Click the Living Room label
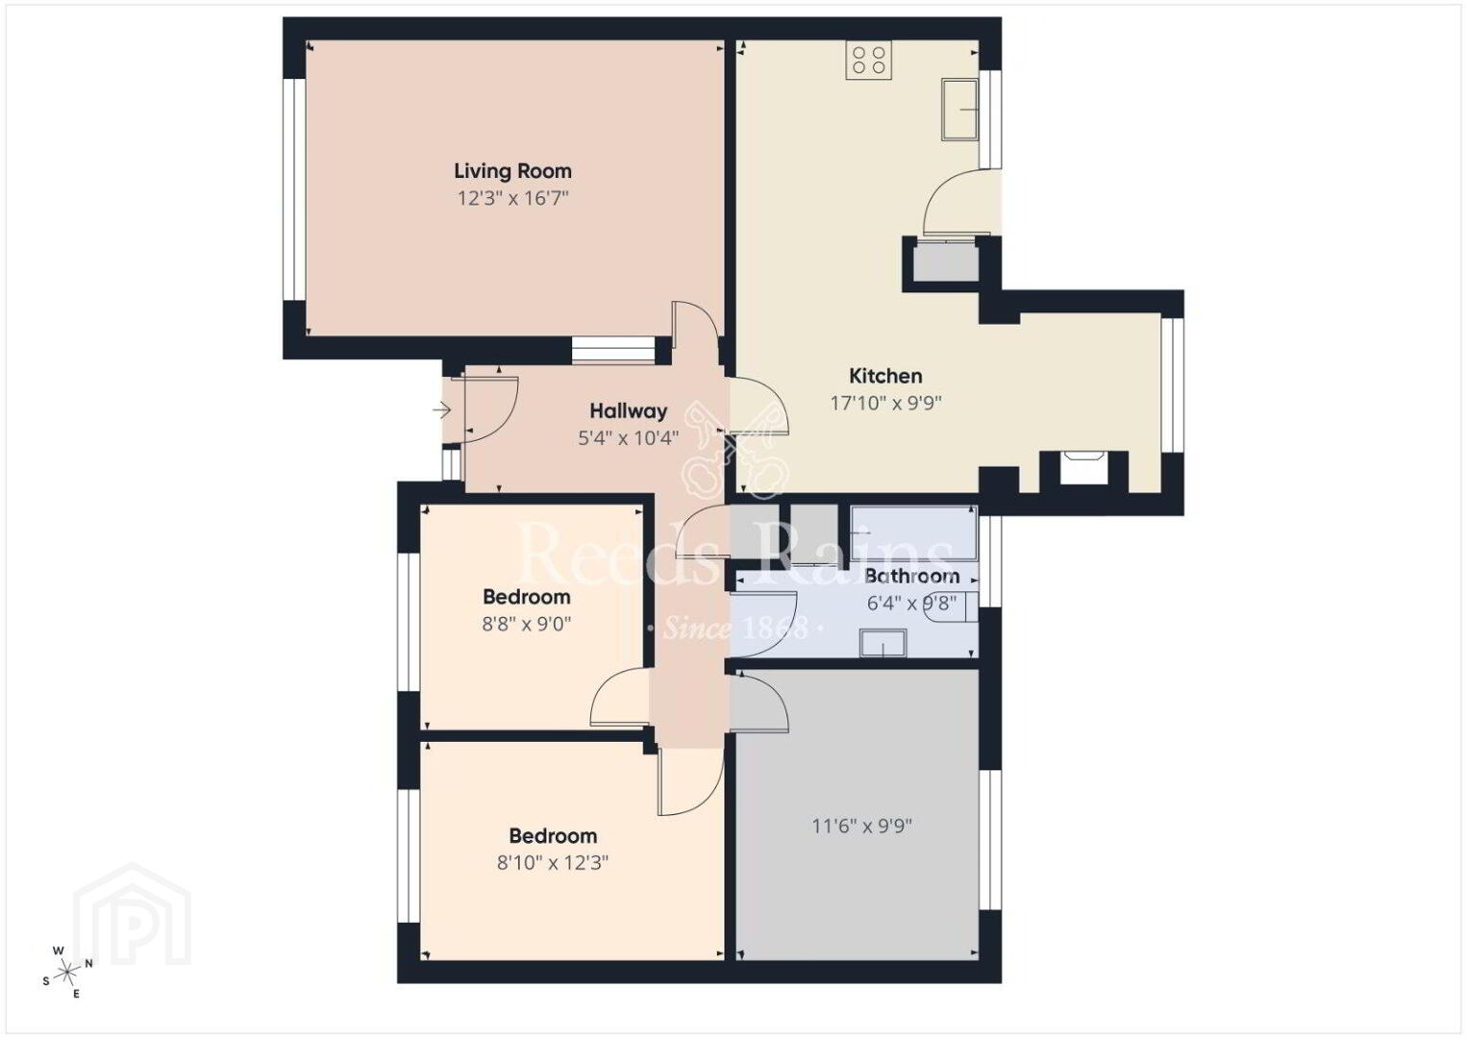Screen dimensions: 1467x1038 (512, 171)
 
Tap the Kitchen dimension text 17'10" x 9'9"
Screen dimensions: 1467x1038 (885, 403)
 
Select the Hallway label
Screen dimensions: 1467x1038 (628, 411)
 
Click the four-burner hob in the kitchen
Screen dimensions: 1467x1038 (868, 60)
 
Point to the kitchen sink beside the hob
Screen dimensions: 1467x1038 (959, 110)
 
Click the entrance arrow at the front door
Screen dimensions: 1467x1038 (442, 410)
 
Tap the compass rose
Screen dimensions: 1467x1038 (66, 972)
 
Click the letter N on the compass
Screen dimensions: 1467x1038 (89, 963)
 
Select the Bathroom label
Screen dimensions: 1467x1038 (912, 577)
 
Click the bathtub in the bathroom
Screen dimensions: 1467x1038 (913, 533)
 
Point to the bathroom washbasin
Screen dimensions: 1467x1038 (883, 642)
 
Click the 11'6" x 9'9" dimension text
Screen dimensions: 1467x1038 (862, 826)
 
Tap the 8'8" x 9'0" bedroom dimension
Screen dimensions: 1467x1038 (527, 624)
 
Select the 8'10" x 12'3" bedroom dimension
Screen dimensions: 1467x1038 (553, 863)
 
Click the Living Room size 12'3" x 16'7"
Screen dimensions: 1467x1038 (512, 198)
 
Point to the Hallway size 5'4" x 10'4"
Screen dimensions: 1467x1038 (628, 438)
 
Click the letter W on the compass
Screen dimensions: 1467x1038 (59, 951)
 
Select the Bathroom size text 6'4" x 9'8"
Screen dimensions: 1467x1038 (912, 604)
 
